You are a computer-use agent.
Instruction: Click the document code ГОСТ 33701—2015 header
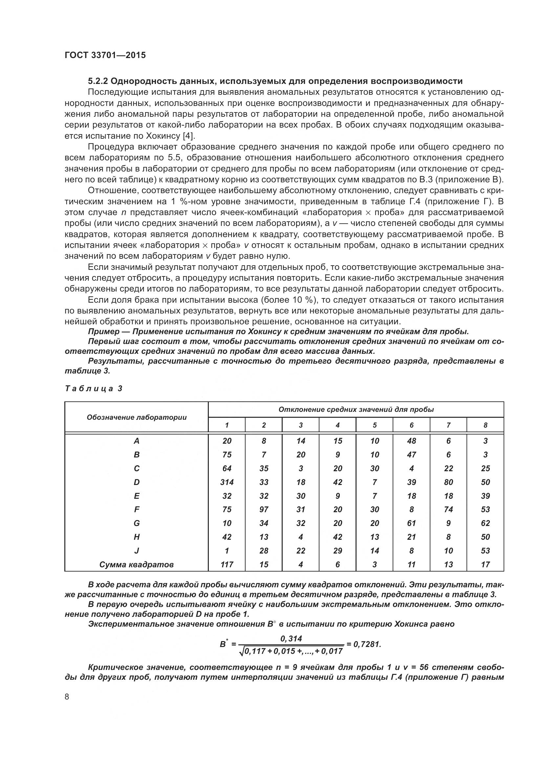click(x=105, y=55)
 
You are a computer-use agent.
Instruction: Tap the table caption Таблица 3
click(x=94, y=388)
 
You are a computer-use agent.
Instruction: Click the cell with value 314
click(x=227, y=482)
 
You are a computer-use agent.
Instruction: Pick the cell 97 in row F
click(x=264, y=510)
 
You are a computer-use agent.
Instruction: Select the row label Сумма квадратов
click(x=137, y=565)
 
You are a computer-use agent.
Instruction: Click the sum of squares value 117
click(x=227, y=565)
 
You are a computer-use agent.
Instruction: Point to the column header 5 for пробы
click(x=375, y=425)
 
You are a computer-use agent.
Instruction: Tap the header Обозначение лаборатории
click(x=137, y=417)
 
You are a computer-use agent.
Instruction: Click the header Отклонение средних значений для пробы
click(x=356, y=410)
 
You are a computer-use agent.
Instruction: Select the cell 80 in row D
click(x=448, y=482)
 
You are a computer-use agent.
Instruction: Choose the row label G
click(x=137, y=523)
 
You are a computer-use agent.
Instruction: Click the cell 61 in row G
click(x=411, y=523)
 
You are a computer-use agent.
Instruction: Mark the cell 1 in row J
click(x=227, y=551)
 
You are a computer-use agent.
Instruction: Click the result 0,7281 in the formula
click(x=367, y=644)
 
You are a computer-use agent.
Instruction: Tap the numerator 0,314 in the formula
click(x=291, y=639)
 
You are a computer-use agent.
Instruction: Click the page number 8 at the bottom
click(x=67, y=697)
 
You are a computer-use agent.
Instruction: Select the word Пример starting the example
click(x=103, y=332)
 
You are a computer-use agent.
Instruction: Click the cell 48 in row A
click(x=411, y=441)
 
